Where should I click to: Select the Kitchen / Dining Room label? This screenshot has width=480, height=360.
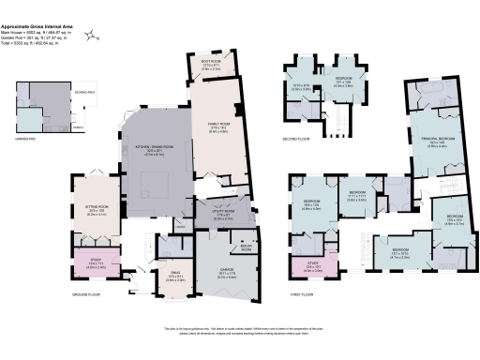coord(157,152)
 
